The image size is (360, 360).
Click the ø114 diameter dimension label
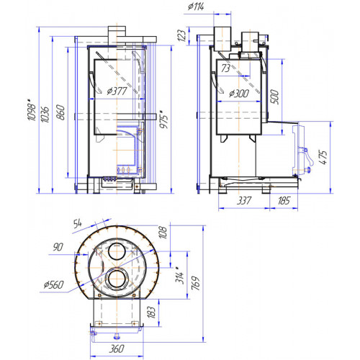[x=196, y=6]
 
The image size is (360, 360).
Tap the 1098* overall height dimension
[x=32, y=112]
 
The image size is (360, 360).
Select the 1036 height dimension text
[x=45, y=114]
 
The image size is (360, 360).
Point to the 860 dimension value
[x=60, y=112]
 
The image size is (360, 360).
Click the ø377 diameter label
[x=117, y=91]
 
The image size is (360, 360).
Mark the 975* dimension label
[x=164, y=120]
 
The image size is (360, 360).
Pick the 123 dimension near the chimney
[x=182, y=35]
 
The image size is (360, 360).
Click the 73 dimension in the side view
[x=225, y=68]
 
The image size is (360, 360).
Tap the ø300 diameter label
[x=239, y=94]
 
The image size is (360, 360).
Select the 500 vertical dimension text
[x=275, y=97]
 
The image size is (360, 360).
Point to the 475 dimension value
[x=323, y=158]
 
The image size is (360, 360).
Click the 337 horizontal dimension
[x=244, y=201]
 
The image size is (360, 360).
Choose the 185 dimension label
[x=284, y=201]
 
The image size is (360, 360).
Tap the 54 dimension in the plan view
[x=78, y=224]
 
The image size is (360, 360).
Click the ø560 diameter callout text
[x=54, y=285]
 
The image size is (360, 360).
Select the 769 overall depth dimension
[x=196, y=284]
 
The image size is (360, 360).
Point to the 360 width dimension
[x=117, y=348]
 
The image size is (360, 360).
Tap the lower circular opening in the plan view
[x=117, y=279]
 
